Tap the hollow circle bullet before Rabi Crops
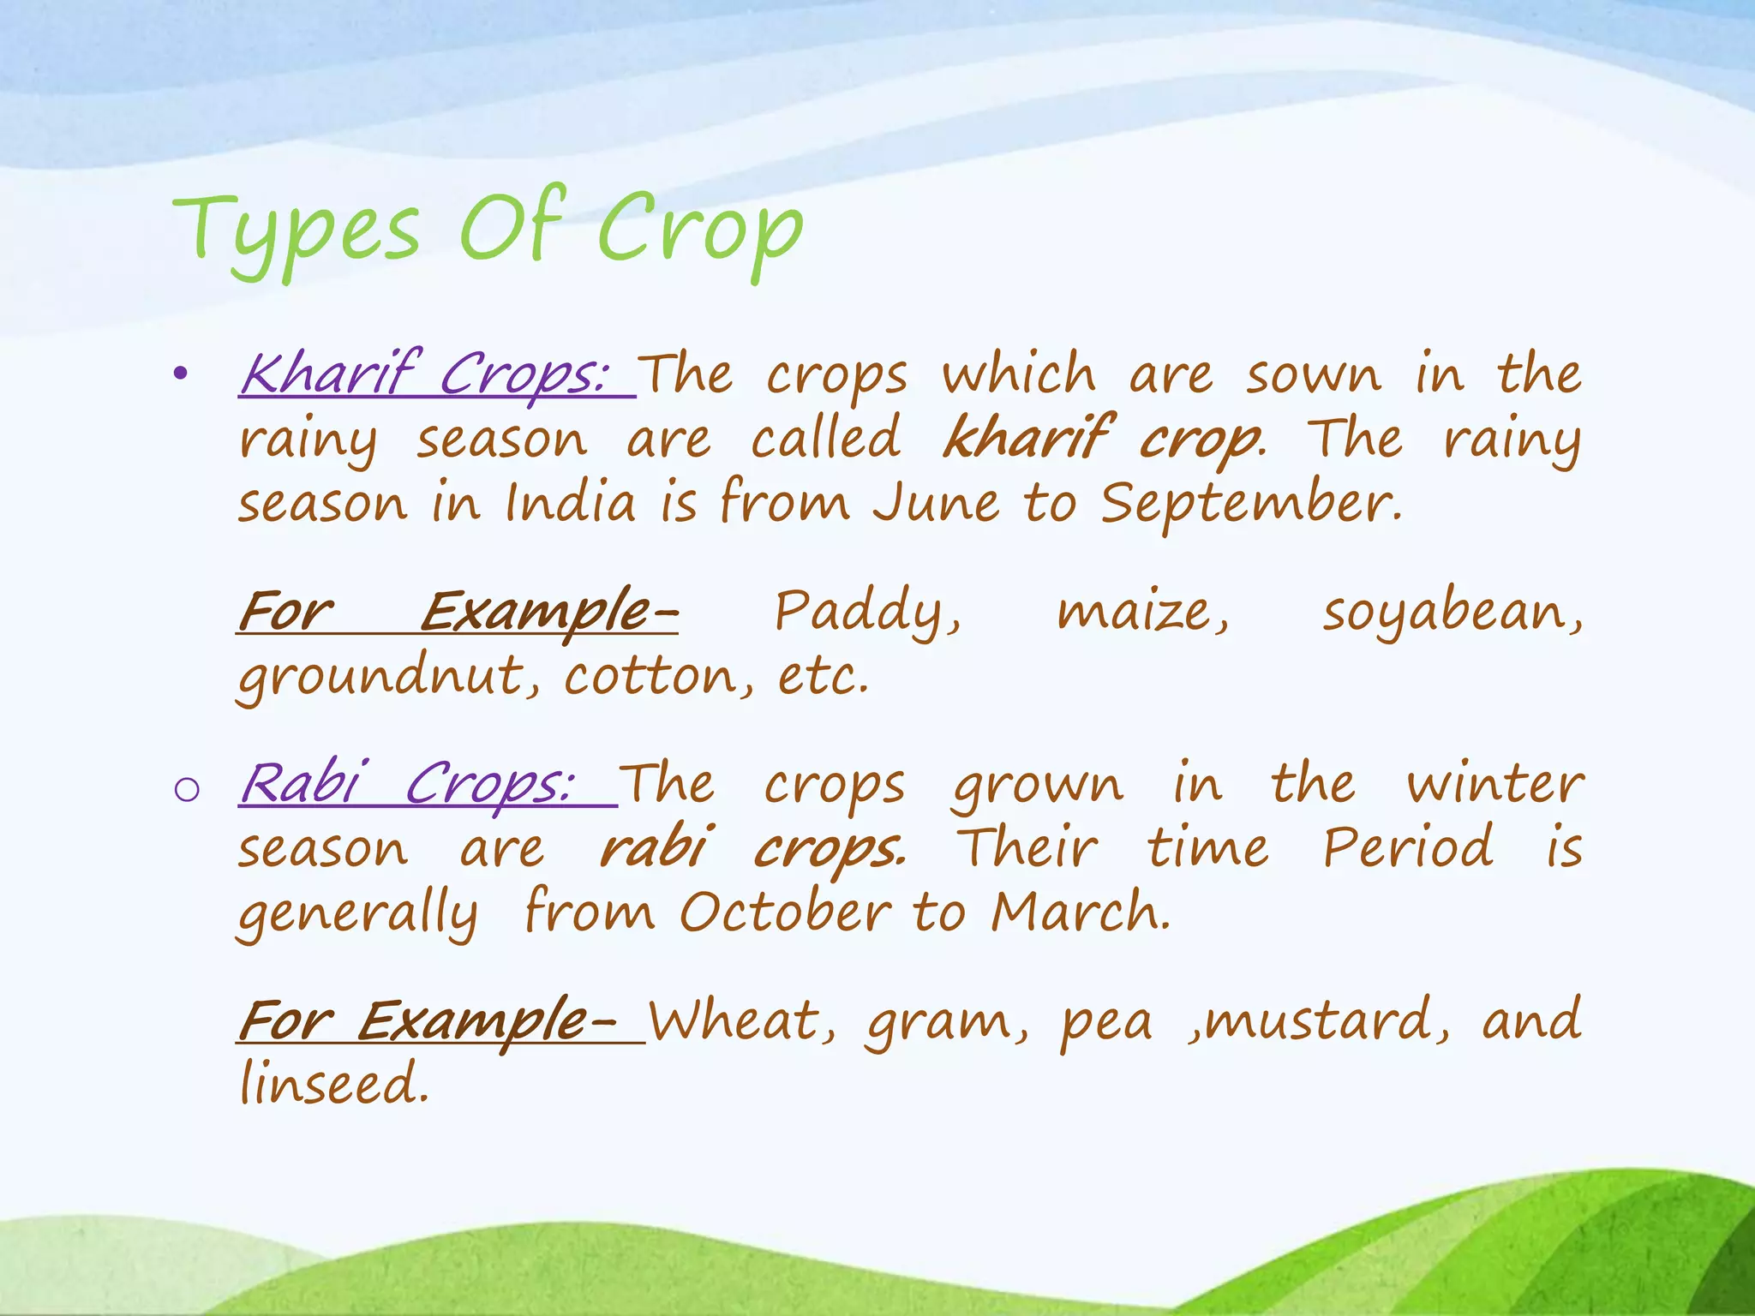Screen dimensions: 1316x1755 click(186, 789)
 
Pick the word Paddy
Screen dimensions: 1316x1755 click(867, 613)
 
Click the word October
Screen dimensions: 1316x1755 click(785, 912)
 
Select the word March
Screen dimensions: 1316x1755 click(1080, 912)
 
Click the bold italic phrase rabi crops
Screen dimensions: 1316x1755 click(751, 848)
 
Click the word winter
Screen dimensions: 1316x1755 click(1494, 784)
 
